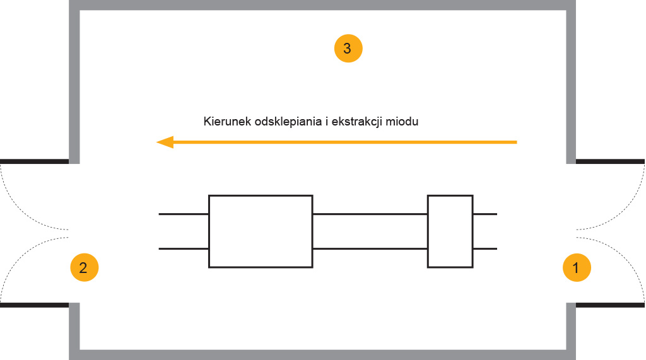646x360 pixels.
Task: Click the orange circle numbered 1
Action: [577, 268]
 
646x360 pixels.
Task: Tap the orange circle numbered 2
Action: [85, 268]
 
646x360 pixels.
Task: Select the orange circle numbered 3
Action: [348, 49]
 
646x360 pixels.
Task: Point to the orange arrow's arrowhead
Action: [165, 142]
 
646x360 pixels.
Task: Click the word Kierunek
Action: [227, 122]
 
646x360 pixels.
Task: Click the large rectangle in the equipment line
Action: [261, 231]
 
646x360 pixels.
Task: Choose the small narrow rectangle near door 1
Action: [450, 231]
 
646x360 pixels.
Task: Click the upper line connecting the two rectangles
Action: [370, 214]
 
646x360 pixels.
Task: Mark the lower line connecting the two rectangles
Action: [370, 249]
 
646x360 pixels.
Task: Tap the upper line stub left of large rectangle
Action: [184, 214]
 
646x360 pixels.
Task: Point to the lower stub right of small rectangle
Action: [485, 249]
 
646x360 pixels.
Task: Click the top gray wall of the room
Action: [322, 5]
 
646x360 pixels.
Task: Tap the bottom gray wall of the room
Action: [322, 355]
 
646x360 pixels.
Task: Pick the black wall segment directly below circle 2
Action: [35, 305]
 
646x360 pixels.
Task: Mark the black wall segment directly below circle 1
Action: [610, 305]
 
